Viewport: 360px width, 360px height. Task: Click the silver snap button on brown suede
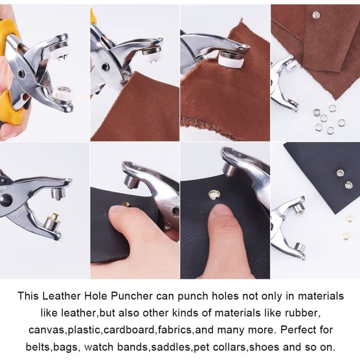tap(316, 15)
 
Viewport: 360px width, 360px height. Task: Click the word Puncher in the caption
tap(132, 296)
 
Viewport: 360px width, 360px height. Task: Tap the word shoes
tap(263, 347)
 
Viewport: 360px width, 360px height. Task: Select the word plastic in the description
tap(83, 330)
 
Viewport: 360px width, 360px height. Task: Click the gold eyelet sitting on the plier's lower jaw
tap(55, 216)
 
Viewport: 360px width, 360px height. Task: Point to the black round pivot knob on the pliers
tap(6, 199)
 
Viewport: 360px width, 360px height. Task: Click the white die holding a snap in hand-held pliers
tap(62, 93)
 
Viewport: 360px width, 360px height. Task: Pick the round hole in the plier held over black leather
tap(175, 210)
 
